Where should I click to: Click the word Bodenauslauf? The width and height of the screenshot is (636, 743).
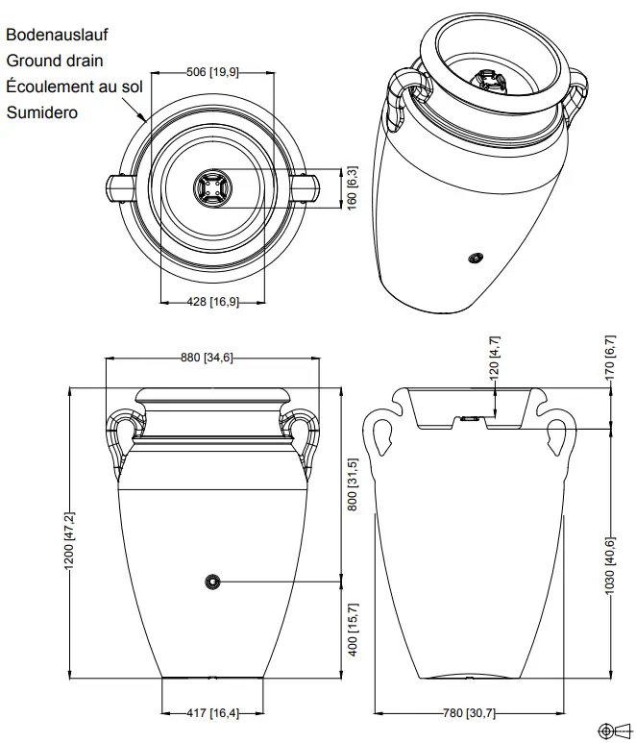point(57,35)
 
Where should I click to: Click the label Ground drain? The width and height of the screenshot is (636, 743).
point(56,61)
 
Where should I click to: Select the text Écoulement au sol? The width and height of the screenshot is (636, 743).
point(74,87)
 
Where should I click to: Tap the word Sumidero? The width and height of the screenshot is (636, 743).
point(42,112)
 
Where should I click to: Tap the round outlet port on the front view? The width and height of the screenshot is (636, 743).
point(212,582)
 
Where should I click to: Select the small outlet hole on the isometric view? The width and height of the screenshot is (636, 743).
point(474,258)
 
